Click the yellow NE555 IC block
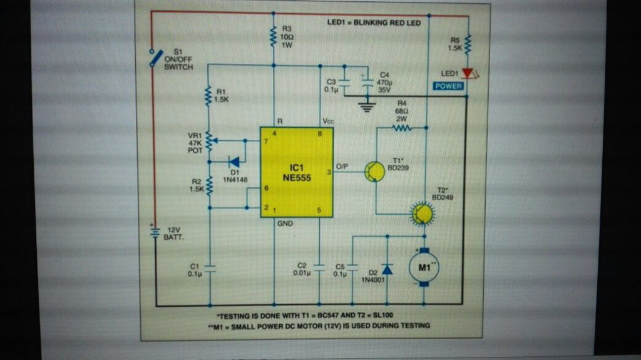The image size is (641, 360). [297, 172]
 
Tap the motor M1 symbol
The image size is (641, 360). [424, 268]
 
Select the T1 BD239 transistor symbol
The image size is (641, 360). [375, 172]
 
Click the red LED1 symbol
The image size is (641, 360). [467, 74]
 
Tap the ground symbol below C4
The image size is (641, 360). [367, 106]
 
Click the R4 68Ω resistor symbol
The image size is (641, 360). [401, 128]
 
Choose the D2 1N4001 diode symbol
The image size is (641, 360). [387, 269]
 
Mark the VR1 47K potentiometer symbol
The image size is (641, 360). [209, 141]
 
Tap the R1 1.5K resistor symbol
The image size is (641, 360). [208, 96]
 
